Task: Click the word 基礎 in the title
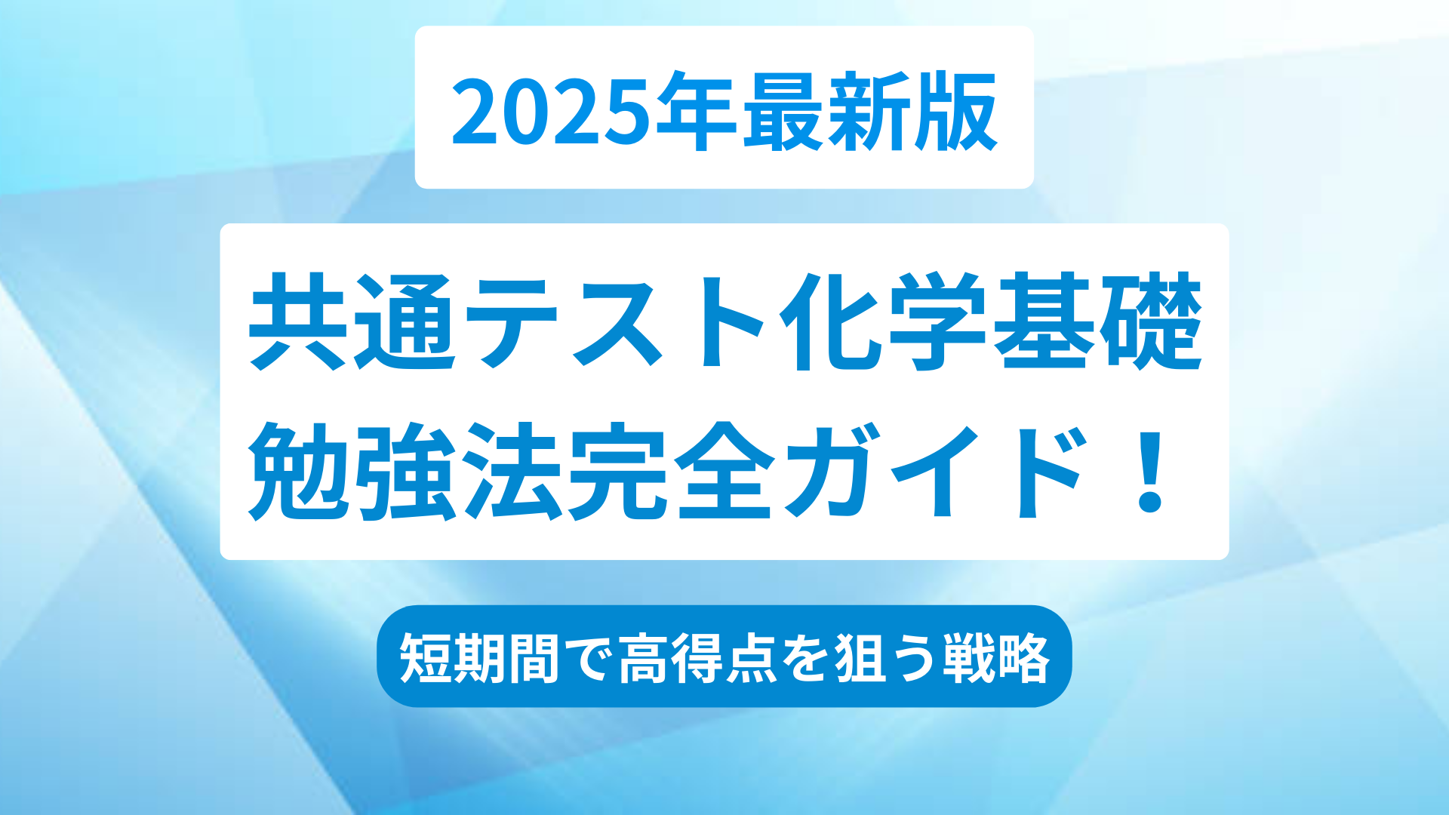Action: [x=1097, y=321]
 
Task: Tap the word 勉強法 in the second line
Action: [x=405, y=472]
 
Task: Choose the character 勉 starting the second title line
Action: [x=300, y=472]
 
